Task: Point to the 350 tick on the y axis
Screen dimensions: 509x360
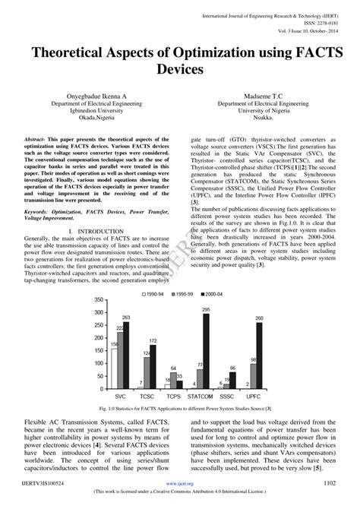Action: pos(99,300)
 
